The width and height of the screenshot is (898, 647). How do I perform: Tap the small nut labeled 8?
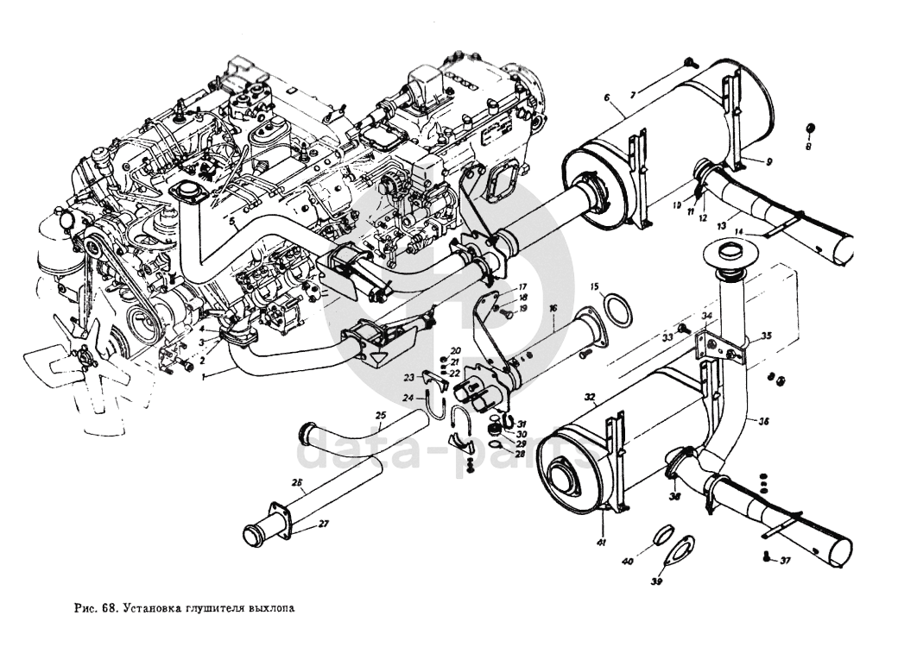810,129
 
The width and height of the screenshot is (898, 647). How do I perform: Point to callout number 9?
768,160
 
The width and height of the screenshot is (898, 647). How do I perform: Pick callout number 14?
738,232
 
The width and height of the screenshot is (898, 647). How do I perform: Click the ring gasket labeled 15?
614,308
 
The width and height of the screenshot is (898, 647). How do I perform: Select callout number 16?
553,308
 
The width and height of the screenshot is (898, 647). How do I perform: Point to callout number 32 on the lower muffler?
590,398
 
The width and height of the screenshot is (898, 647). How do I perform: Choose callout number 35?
765,336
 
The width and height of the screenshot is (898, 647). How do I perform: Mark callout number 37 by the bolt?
785,561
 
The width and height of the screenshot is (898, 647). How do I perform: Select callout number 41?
599,542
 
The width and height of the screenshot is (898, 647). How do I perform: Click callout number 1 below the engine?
203,376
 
